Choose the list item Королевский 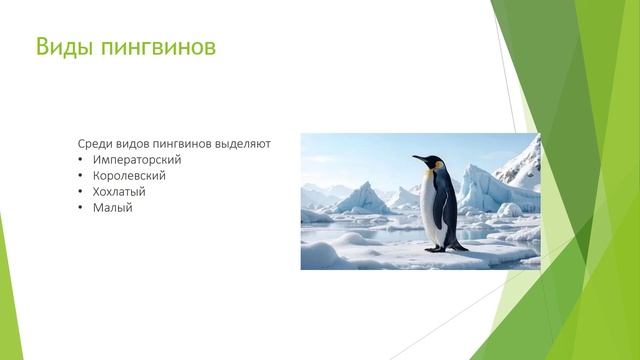(129, 175)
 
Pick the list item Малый (112, 207)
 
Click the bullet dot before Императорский (80, 159)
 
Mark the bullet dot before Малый (80, 207)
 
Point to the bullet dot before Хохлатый (80, 191)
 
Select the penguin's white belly (434, 210)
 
